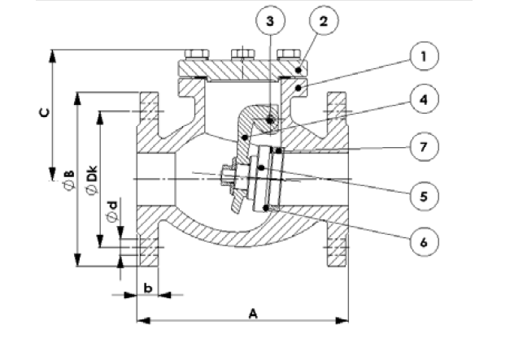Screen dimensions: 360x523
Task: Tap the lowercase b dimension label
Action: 147,287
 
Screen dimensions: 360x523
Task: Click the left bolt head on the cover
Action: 196,55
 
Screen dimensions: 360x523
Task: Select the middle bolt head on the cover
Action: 242,55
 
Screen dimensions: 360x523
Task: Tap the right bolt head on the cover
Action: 286,55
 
